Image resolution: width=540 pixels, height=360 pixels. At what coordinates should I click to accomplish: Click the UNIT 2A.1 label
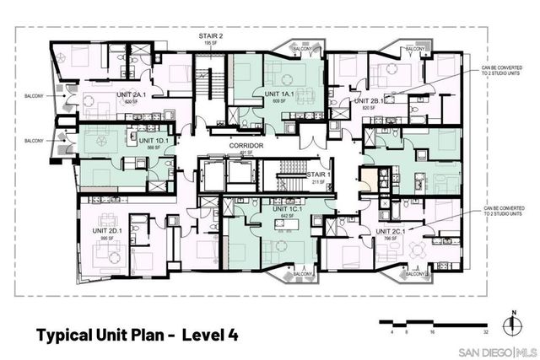tap(120, 94)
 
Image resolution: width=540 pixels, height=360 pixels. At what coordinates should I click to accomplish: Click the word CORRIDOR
tap(245, 146)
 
